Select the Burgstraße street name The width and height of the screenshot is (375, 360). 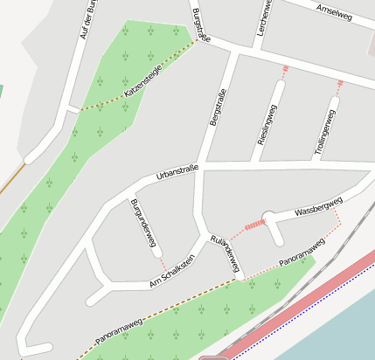200,24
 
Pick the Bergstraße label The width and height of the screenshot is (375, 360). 218,107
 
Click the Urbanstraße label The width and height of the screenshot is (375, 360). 177,172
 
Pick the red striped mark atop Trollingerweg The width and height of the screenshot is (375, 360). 339,85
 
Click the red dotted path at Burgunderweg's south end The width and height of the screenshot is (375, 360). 160,260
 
